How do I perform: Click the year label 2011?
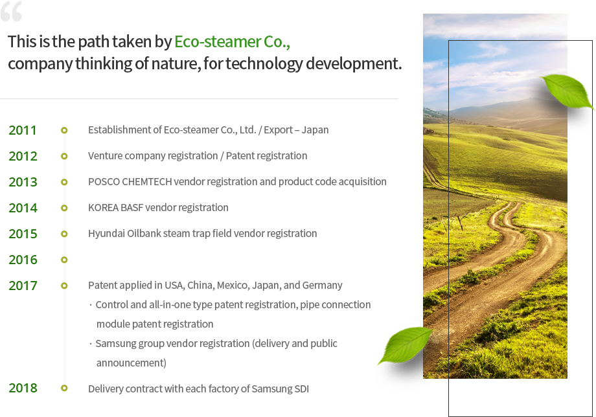point(23,130)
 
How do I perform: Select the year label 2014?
point(23,208)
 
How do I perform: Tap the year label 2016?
point(23,260)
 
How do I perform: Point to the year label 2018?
point(23,388)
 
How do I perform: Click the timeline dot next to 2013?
point(64,182)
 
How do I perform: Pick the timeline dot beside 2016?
point(64,260)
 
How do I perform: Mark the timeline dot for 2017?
point(64,286)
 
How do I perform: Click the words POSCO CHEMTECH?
point(130,181)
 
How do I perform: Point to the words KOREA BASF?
point(115,207)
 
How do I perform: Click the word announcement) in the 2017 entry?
point(132,363)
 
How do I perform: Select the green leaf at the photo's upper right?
point(567,91)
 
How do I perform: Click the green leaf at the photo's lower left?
point(405,345)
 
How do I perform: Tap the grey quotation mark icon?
point(11,12)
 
